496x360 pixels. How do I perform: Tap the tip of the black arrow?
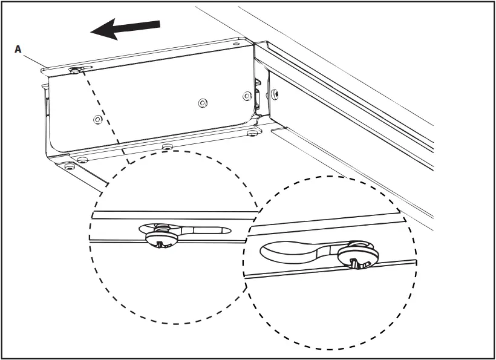(93, 31)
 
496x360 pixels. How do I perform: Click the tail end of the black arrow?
(159, 24)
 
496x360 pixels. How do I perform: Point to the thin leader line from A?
(33, 59)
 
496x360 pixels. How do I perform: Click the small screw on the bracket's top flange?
(75, 70)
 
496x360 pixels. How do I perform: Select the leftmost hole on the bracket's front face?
(97, 120)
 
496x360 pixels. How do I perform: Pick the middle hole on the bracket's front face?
(202, 103)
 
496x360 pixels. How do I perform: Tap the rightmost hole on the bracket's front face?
(246, 96)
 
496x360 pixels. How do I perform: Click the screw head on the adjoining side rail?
(275, 94)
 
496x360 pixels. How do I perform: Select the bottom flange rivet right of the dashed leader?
(167, 146)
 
